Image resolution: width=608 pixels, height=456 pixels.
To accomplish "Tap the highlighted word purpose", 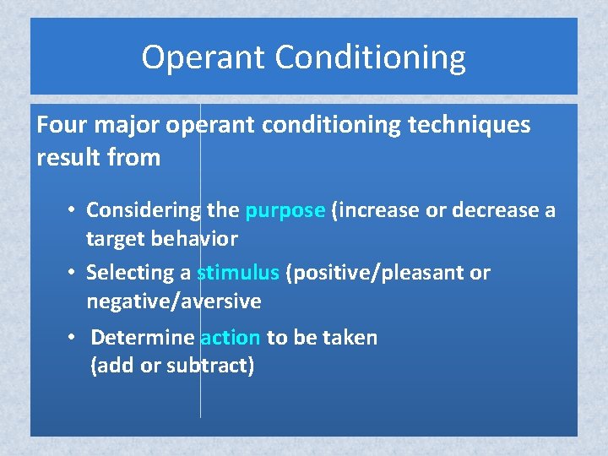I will pos(285,210).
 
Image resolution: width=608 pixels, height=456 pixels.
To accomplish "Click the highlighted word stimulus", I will pos(237,273).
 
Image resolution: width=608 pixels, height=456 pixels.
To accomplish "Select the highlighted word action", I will pos(230,338).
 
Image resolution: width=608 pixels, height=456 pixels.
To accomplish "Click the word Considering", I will pos(144,210).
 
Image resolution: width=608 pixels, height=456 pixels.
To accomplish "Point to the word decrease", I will pos(491,210).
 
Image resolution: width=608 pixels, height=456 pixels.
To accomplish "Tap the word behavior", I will pos(196,239).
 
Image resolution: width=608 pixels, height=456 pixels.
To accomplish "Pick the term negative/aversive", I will pos(173,301).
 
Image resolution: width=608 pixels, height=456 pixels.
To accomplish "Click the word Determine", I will pos(142,338).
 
